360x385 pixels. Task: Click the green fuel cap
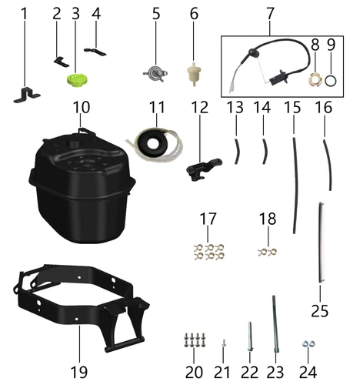coord(77,80)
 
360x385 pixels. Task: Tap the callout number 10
coord(82,107)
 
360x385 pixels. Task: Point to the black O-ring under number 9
coord(331,82)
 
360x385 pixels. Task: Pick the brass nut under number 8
coord(315,79)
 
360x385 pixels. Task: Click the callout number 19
coord(78,372)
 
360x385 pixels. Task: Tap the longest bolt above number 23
coord(275,326)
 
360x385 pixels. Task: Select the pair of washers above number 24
coord(308,344)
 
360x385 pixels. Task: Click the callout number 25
coord(320,311)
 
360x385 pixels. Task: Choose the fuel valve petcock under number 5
coord(155,74)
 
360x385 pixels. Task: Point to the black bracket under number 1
coord(27,95)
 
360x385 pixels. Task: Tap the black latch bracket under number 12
coord(202,169)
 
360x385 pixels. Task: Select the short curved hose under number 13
coord(237,151)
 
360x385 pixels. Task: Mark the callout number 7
coord(270,14)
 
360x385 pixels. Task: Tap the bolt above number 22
coord(250,336)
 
